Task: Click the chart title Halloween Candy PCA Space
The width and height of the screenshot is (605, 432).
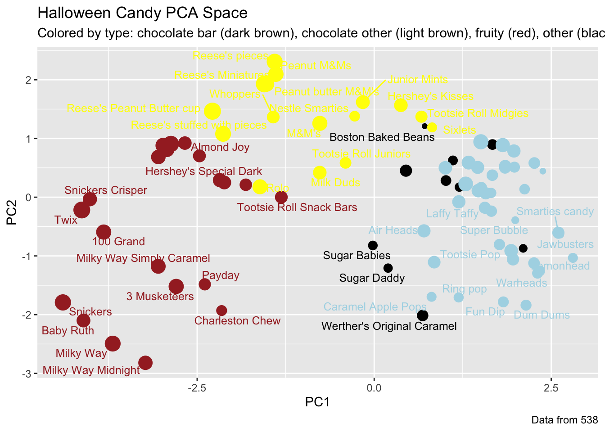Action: coord(142,13)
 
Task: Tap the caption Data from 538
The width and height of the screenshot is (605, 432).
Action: coord(564,420)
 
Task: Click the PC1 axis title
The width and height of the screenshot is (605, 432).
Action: coord(317,402)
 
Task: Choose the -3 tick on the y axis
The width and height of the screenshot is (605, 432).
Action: coord(27,374)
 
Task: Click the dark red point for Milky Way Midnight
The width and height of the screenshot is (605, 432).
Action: coord(145,363)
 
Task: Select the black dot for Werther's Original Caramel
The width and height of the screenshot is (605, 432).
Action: coord(422,315)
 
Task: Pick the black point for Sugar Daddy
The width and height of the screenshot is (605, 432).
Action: coord(388,268)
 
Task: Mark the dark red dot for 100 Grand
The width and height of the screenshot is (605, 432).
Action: coord(104,232)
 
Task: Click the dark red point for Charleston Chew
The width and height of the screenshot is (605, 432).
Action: coord(221,310)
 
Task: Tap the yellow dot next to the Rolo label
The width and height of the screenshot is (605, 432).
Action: coord(260,187)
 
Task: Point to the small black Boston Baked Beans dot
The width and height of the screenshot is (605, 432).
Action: coord(424,126)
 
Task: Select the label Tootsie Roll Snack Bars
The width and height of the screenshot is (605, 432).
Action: coord(297,207)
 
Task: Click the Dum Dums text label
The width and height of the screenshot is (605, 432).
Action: coord(542,315)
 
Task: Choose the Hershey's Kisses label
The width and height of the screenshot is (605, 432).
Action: coord(430,96)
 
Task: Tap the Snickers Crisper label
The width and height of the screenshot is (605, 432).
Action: coord(105,190)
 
